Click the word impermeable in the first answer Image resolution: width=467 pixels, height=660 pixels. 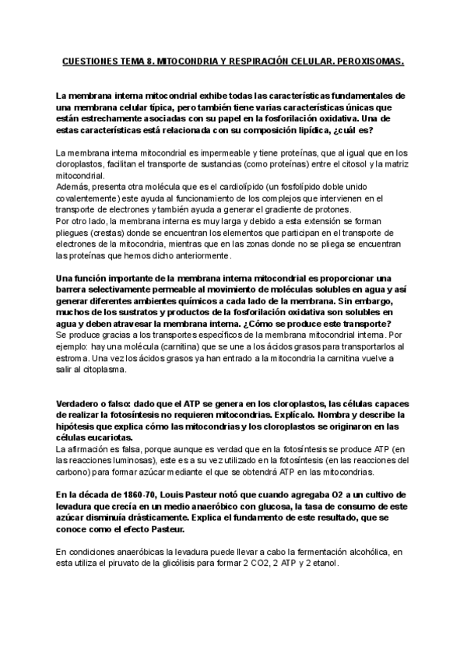[x=201, y=153]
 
